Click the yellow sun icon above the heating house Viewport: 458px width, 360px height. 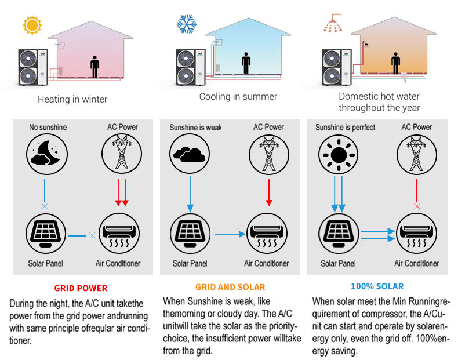tap(32, 26)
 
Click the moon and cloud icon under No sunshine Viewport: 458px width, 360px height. tap(44, 154)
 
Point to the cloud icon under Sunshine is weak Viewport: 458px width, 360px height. tap(188, 154)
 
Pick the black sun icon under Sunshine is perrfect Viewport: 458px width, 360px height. tap(336, 154)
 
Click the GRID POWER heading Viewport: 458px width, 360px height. tap(81, 288)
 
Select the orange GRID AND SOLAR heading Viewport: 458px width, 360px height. tap(230, 287)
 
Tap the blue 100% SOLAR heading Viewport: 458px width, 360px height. tap(377, 286)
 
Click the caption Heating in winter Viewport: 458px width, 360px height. tap(72, 99)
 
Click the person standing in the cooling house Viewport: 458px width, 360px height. tap(246, 62)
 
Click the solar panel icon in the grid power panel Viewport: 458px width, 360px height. tap(44, 235)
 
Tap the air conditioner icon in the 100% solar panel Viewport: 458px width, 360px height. tap(416, 235)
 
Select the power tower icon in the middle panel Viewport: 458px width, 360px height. tap(268, 154)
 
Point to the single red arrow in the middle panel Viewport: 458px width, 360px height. tap(268, 191)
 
